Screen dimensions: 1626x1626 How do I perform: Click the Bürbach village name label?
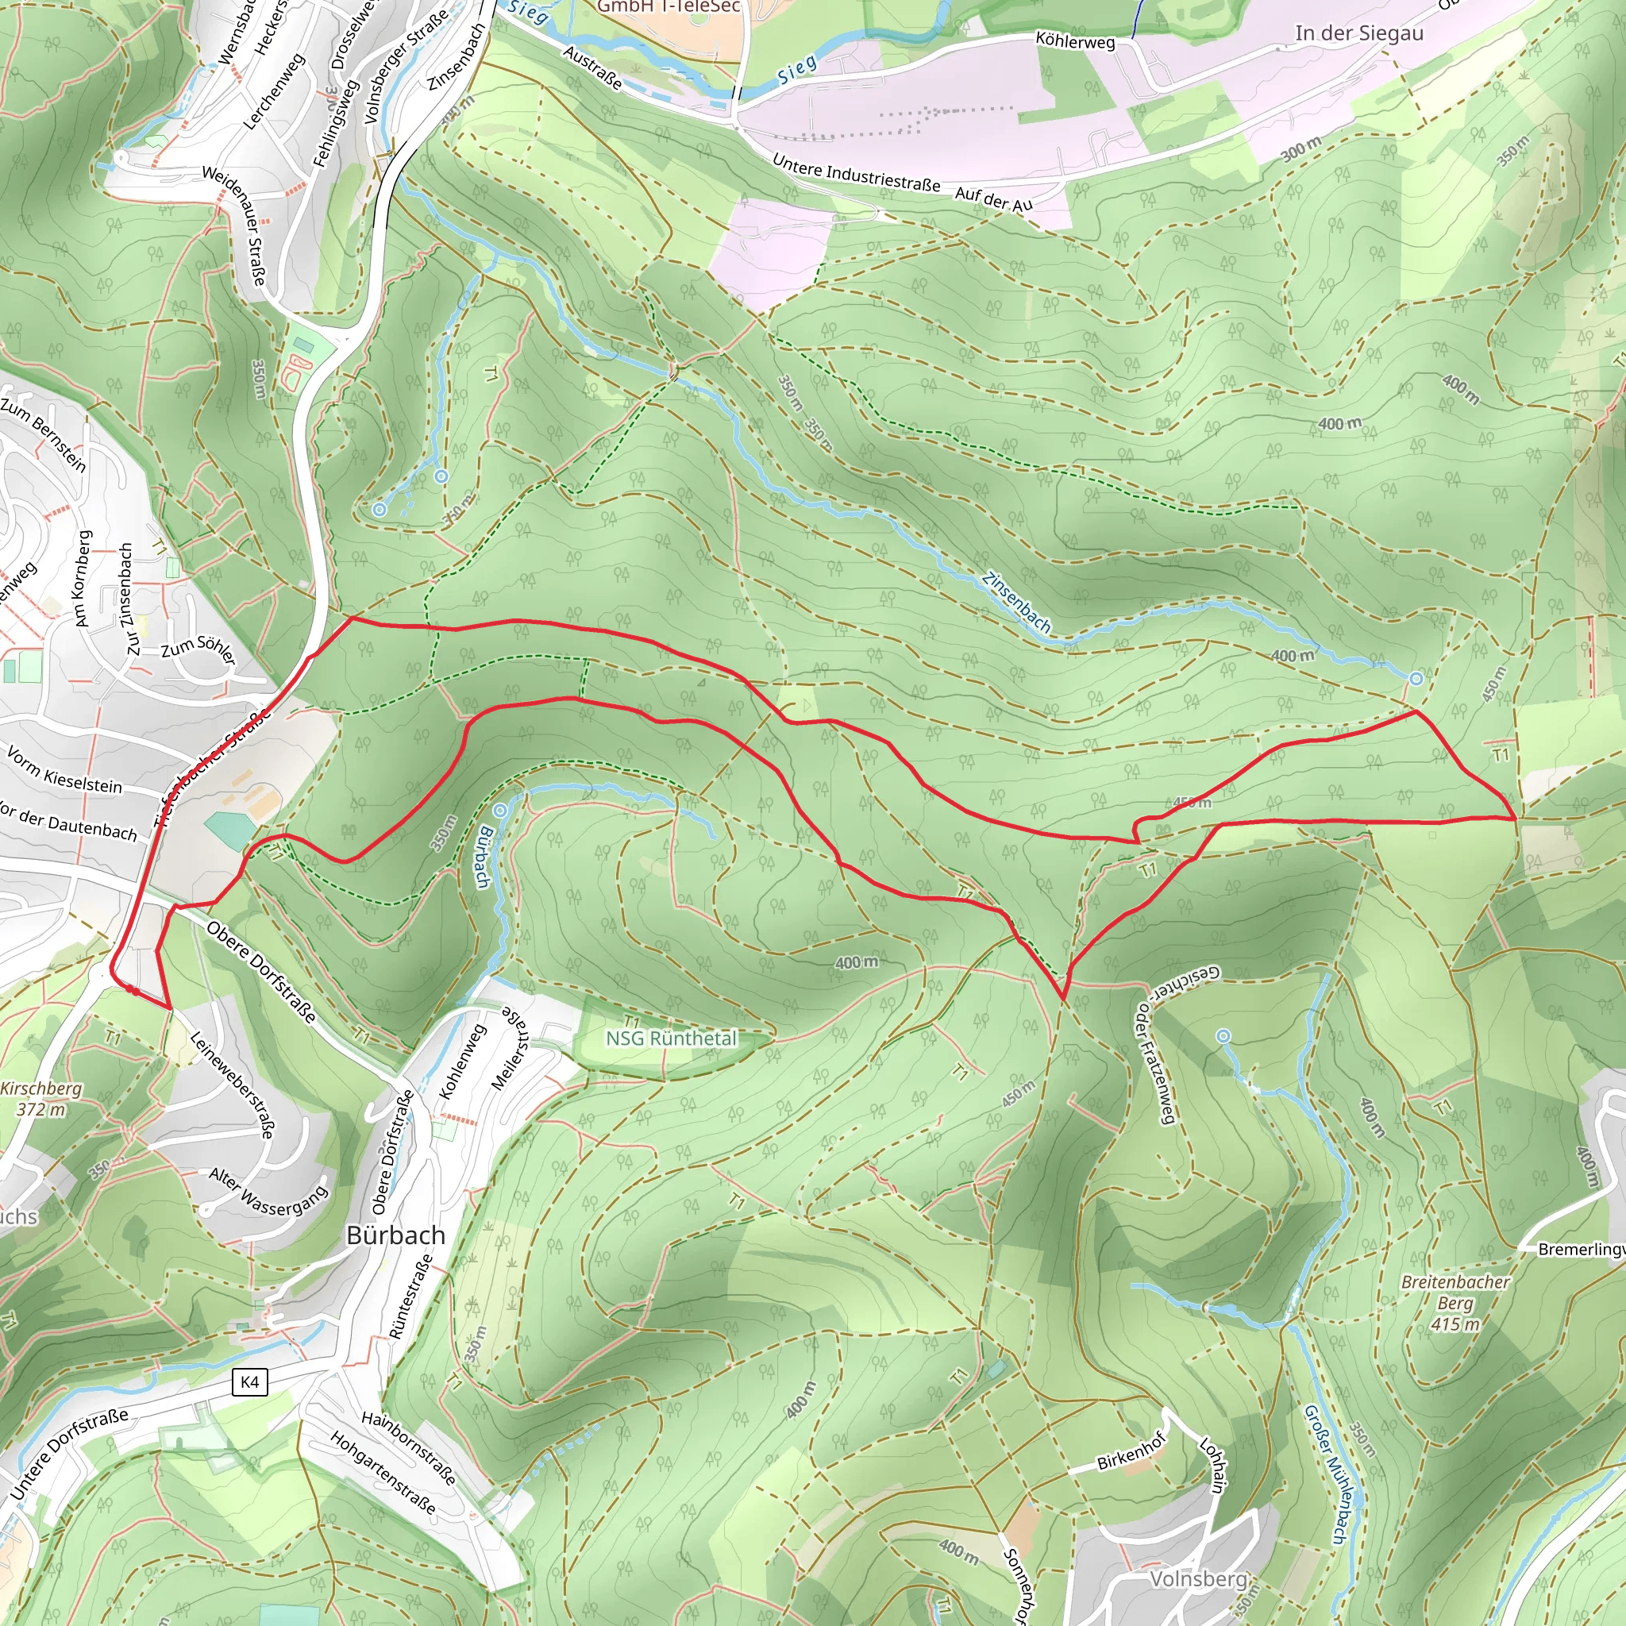click(x=395, y=1235)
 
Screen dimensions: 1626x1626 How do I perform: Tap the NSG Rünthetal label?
click(x=671, y=1038)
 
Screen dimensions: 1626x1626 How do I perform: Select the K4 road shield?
click(x=249, y=1382)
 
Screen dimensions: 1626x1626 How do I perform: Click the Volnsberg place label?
click(x=1197, y=1578)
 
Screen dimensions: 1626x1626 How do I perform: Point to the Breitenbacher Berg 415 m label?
click(x=1455, y=1303)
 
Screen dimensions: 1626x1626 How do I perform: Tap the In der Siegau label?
click(x=1358, y=33)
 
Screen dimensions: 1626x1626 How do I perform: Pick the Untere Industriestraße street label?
click(x=855, y=173)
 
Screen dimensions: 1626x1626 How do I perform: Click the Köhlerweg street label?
click(x=1075, y=40)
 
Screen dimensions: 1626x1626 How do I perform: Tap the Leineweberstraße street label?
click(x=232, y=1085)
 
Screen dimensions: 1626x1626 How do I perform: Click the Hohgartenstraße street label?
click(x=383, y=1473)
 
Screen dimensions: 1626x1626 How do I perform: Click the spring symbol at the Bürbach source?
click(x=501, y=811)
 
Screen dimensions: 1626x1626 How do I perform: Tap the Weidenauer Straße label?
click(x=234, y=225)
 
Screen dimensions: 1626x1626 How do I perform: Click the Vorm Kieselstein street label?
click(x=65, y=769)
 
